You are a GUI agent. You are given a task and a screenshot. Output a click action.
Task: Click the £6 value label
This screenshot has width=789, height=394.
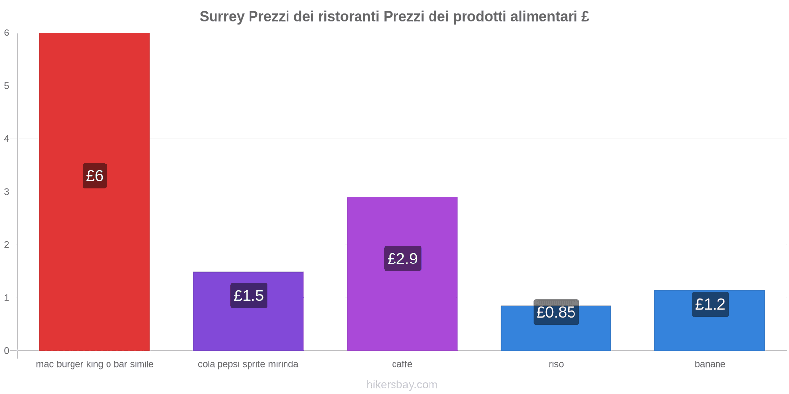point(95,176)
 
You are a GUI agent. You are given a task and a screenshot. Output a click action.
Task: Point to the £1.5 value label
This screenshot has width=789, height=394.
point(249,295)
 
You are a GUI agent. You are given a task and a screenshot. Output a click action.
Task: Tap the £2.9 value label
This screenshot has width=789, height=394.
point(402,259)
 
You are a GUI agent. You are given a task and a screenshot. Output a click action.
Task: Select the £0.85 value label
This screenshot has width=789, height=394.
point(556,312)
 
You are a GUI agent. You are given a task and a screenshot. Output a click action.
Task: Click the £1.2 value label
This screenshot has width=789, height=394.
point(710,304)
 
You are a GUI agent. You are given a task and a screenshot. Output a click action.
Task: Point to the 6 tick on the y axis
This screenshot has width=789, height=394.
point(7,33)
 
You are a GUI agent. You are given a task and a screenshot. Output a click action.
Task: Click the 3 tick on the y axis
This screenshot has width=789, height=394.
point(7,192)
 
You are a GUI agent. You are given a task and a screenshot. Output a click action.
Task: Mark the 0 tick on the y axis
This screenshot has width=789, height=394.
point(7,351)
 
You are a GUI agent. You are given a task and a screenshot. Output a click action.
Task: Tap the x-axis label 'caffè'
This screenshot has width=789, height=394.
point(402,364)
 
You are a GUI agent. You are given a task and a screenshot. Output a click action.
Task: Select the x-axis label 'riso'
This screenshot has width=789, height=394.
point(556,364)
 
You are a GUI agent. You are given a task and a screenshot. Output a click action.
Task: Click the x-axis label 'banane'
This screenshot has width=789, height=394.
point(710,364)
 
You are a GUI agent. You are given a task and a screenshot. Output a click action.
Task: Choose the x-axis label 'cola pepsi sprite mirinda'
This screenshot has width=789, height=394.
point(248,364)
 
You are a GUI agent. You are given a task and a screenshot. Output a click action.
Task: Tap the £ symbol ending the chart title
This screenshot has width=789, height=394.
point(585,17)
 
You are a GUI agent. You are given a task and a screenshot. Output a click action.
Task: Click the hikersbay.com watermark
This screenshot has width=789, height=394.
point(402,385)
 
